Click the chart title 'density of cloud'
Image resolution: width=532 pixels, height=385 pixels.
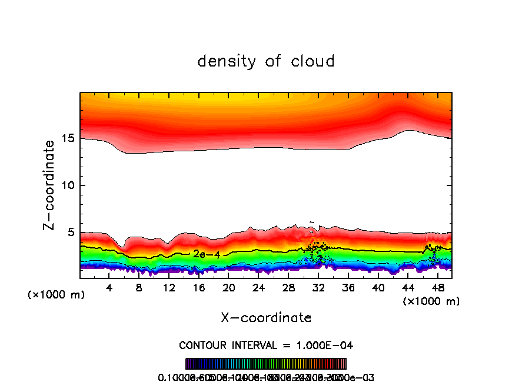pos(266,61)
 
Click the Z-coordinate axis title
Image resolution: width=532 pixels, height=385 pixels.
pos(51,185)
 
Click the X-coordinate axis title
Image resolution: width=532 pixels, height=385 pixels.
pos(266,318)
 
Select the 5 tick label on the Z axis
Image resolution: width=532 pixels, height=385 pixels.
pos(71,233)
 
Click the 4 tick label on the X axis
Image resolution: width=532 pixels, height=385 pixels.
pos(109,288)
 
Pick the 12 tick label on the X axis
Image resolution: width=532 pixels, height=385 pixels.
pos(169,288)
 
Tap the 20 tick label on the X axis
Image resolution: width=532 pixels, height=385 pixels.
pos(229,288)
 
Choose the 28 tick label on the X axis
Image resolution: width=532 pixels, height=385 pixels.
pos(288,288)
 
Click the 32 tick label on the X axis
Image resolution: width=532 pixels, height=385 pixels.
pos(318,288)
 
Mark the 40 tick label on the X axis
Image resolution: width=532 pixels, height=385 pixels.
pos(378,288)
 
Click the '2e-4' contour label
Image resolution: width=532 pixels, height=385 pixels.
pos(202,254)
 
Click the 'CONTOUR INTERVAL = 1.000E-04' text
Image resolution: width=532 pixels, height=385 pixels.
pos(266,345)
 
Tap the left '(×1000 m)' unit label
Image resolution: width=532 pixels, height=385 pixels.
pos(56,295)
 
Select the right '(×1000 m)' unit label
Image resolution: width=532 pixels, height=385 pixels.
pos(431,301)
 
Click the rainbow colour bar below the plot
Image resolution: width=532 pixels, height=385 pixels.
pos(266,364)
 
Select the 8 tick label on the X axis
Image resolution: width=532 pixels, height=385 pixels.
pos(139,288)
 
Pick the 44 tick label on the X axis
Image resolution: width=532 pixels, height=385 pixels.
pos(408,288)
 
